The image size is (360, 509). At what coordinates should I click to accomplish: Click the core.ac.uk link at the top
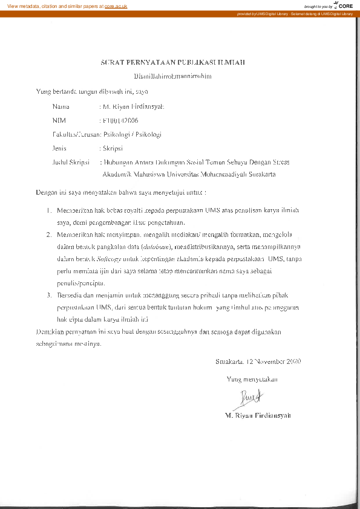(x=116, y=5)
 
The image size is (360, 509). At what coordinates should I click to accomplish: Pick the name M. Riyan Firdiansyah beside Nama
(x=130, y=106)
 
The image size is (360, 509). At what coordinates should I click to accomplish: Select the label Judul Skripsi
(x=71, y=162)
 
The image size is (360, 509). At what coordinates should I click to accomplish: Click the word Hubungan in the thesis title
(x=121, y=162)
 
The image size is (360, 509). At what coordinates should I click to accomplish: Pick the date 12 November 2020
(x=273, y=361)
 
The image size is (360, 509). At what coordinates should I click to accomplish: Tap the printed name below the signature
(x=258, y=416)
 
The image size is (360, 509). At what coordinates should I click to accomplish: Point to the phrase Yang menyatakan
(x=252, y=380)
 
